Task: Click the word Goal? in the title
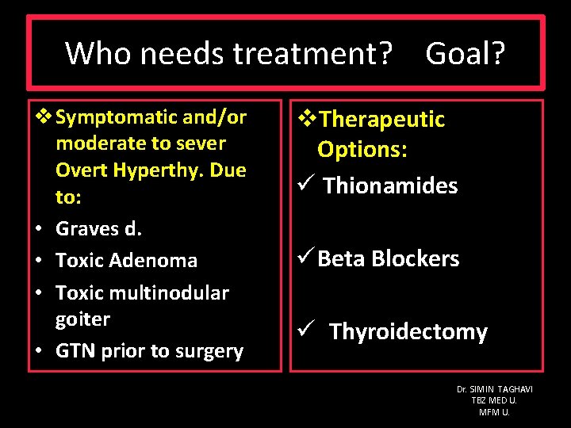466,54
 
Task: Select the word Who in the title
94,54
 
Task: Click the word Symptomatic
117,117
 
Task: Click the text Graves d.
98,228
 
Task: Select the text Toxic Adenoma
126,260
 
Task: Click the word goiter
82,319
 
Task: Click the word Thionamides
390,186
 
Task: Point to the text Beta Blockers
388,259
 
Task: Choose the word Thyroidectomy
408,331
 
